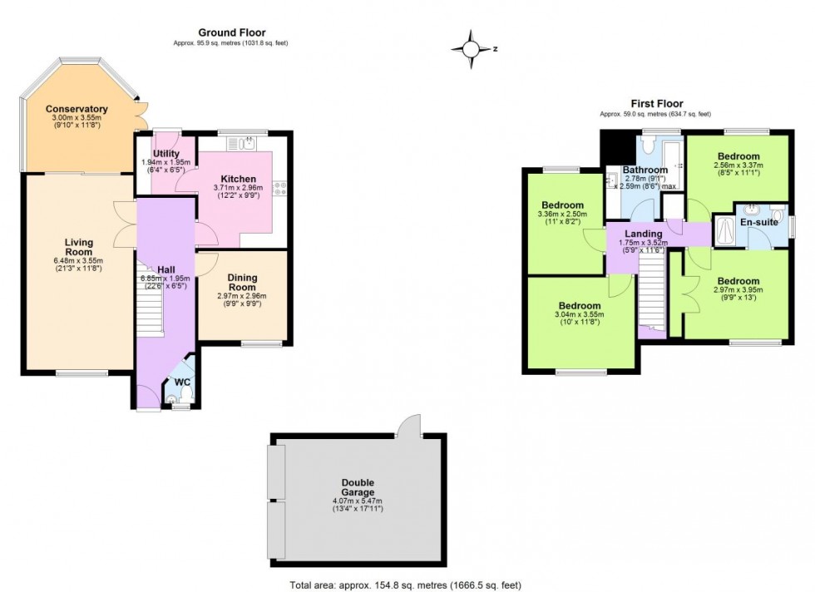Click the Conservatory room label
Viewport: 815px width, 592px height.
coord(77,109)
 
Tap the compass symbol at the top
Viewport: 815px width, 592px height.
coord(472,48)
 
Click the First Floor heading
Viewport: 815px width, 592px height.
coord(656,104)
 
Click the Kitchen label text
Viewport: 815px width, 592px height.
coord(238,179)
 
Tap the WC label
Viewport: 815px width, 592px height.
coord(182,382)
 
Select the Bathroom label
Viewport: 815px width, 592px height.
coord(645,170)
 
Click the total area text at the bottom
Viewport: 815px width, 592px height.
coord(407,584)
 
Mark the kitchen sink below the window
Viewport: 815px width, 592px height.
coord(246,144)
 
